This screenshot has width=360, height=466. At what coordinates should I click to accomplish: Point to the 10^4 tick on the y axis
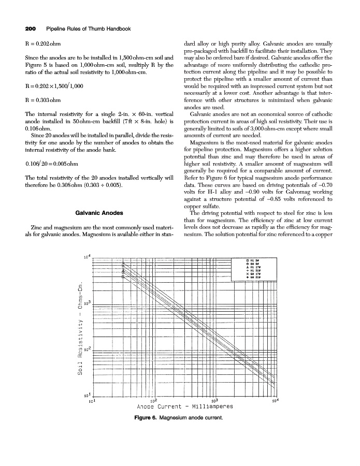click(88, 257)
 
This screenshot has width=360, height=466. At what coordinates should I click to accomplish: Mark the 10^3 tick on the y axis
click(88, 302)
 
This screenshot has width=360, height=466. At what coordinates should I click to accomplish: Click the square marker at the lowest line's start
click(123, 276)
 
